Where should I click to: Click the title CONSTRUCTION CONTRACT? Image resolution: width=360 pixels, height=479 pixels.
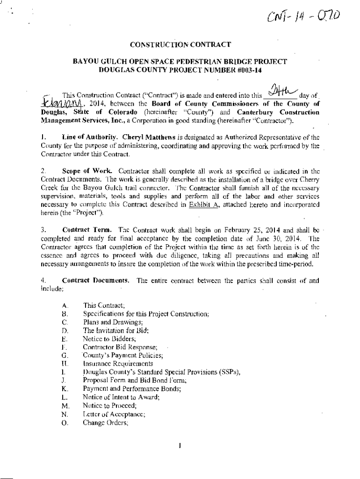tap(180, 45)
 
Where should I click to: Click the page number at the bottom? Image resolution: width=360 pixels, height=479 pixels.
tap(180, 445)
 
